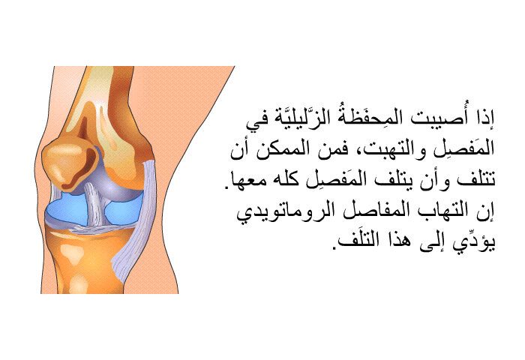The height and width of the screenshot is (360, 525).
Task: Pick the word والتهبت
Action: (x=388, y=149)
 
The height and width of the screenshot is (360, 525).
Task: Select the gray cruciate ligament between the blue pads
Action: (x=95, y=203)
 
